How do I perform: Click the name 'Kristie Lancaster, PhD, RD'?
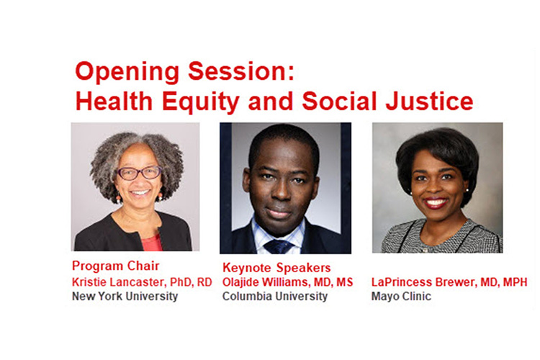click(x=142, y=282)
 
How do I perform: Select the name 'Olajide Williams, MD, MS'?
click(x=287, y=282)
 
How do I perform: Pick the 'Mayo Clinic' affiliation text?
click(x=402, y=296)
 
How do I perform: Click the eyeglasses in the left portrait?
click(x=140, y=173)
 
